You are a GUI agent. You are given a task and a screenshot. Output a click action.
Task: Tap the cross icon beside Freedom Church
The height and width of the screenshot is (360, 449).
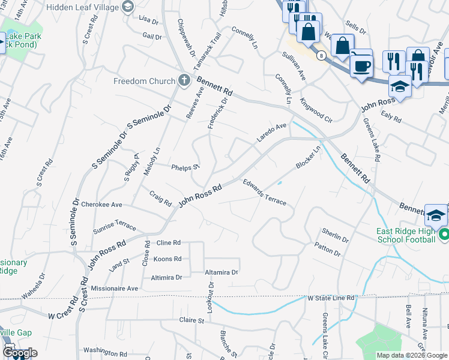[x=184, y=80]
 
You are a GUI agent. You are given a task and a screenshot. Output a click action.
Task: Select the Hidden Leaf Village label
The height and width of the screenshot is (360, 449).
[x=85, y=5]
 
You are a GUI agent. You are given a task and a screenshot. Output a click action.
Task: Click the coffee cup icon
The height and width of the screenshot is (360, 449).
[x=361, y=65]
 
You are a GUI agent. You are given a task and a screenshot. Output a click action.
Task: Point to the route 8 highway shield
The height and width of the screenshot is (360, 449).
[x=322, y=55]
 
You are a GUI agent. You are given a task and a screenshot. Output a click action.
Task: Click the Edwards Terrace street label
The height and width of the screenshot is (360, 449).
[x=264, y=192]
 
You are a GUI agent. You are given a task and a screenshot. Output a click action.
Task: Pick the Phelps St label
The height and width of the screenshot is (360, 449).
[x=185, y=167]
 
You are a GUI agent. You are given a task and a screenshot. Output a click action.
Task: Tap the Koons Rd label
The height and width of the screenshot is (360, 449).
[x=167, y=259]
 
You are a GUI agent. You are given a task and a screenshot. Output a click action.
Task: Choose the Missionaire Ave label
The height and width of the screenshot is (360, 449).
[x=114, y=288]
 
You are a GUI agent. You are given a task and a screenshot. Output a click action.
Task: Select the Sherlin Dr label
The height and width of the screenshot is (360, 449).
[x=335, y=235]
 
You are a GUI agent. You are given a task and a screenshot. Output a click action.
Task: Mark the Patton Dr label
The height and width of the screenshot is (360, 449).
[x=327, y=250]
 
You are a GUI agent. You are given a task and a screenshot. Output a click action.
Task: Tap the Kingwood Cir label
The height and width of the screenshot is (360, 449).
[x=316, y=110]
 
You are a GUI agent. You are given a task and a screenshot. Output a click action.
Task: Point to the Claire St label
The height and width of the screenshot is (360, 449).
[x=192, y=321]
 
